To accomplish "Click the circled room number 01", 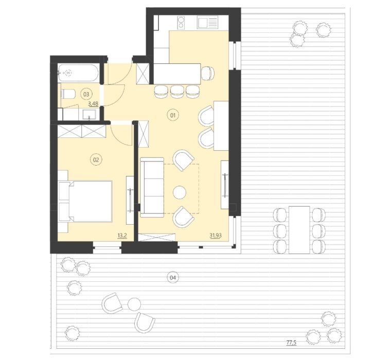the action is tap(173, 115).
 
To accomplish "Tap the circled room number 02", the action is tap(96, 160).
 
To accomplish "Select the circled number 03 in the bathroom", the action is tap(86, 94).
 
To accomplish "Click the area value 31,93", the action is tap(216, 236).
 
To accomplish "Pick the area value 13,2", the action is tap(122, 236).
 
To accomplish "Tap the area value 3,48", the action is tap(93, 103).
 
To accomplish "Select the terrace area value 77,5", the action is tap(291, 343).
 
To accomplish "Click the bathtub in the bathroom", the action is tap(78, 73).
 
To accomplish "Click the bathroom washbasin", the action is tap(90, 115).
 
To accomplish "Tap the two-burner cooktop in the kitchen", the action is tap(181, 22).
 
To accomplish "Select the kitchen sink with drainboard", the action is tap(207, 22).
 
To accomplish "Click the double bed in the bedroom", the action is tap(85, 202).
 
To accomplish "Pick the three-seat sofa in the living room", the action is tap(152, 187).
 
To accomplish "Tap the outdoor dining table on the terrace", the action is tap(299, 229).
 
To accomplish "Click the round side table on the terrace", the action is tap(134, 304).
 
